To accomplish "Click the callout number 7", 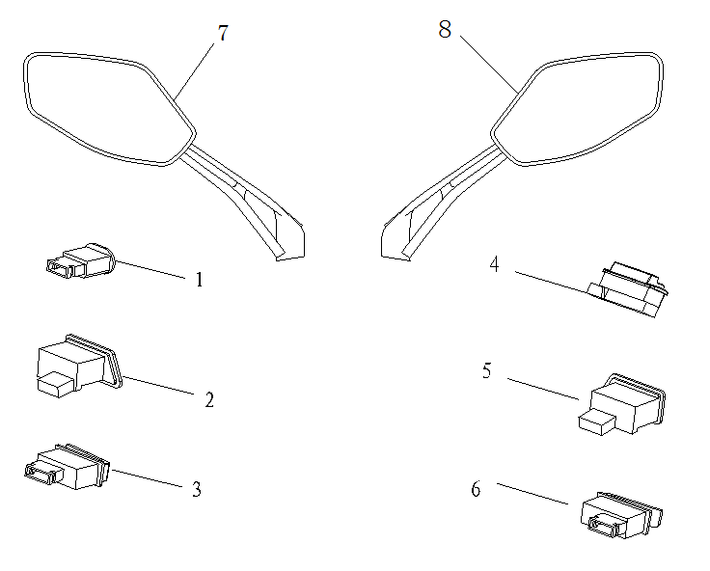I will tap(223, 34).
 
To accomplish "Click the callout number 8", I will tap(445, 30).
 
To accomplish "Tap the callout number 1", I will tap(200, 281).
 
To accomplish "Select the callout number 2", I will tap(209, 399).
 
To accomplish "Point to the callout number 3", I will tap(197, 489).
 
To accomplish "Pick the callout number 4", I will tap(494, 263).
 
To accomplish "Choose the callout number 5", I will tap(488, 371).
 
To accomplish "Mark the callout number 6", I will tap(476, 489).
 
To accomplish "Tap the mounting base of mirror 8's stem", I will tap(396, 240).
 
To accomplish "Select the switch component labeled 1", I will tap(80, 261).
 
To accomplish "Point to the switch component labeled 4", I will tap(629, 289).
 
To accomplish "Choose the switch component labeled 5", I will tap(622, 402).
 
